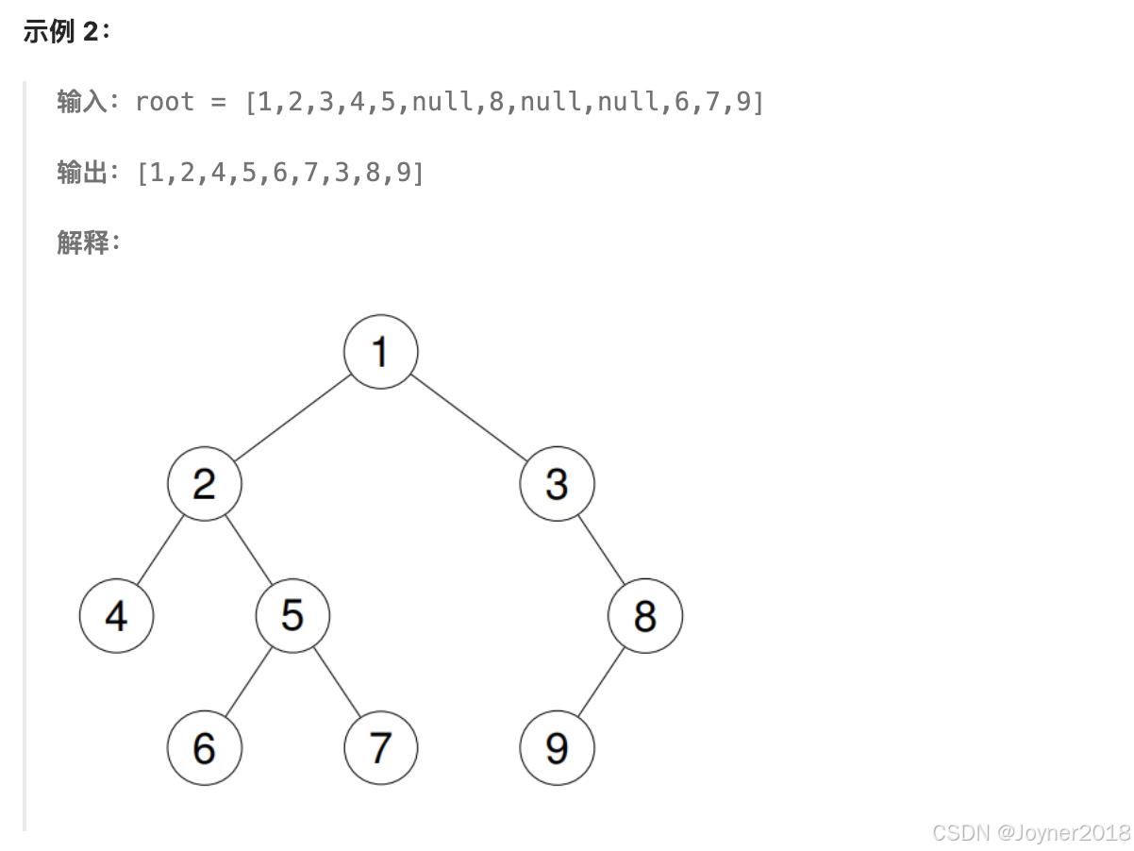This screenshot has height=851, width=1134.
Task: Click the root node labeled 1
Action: coord(380,352)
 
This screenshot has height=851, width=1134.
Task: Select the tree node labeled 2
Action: coord(205,484)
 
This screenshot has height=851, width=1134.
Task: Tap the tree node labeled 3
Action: coord(557,484)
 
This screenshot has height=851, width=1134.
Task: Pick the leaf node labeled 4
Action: coord(116,616)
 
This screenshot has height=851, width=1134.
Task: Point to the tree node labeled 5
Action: coord(292,616)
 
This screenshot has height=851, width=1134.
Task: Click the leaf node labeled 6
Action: coord(205,748)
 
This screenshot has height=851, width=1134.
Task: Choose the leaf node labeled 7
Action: coord(380,748)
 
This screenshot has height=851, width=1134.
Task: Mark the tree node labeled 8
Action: coord(645,616)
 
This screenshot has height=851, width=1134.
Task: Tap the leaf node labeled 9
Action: coord(557,748)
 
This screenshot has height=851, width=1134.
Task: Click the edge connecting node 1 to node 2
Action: coord(292,418)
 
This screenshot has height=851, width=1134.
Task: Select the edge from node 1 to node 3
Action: coord(469,418)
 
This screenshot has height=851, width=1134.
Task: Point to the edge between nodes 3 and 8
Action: coord(601,550)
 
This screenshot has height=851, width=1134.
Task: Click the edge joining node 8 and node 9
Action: coord(601,682)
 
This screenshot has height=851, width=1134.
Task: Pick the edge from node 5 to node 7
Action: coord(337,682)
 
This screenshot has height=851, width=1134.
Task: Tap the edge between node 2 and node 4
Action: coord(160,550)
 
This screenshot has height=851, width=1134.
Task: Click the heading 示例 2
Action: coord(66,31)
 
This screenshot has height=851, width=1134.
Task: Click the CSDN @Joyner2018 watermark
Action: coord(1030,832)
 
